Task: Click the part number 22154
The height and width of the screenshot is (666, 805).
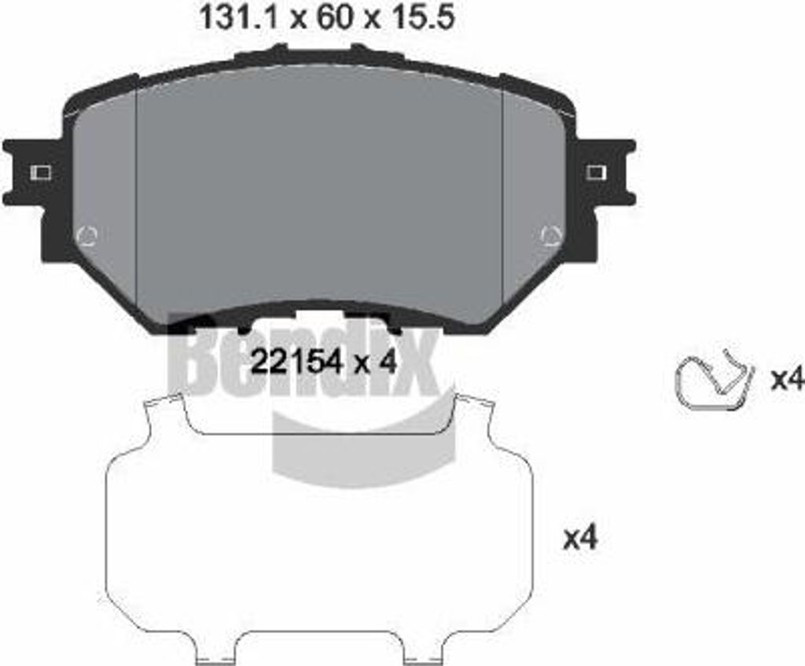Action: (x=296, y=363)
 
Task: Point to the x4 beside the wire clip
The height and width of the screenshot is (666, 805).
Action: (x=786, y=380)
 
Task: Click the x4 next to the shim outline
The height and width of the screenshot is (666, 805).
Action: (x=581, y=539)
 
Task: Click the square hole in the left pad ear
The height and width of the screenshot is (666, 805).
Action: (x=41, y=172)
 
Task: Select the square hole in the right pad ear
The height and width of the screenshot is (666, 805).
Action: (x=596, y=172)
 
